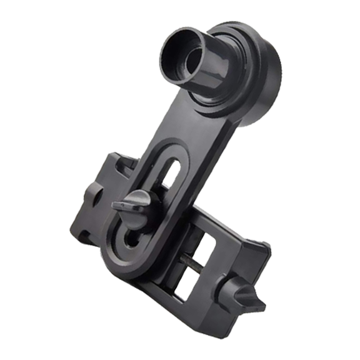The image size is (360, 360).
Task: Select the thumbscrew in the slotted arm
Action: (134, 204)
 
